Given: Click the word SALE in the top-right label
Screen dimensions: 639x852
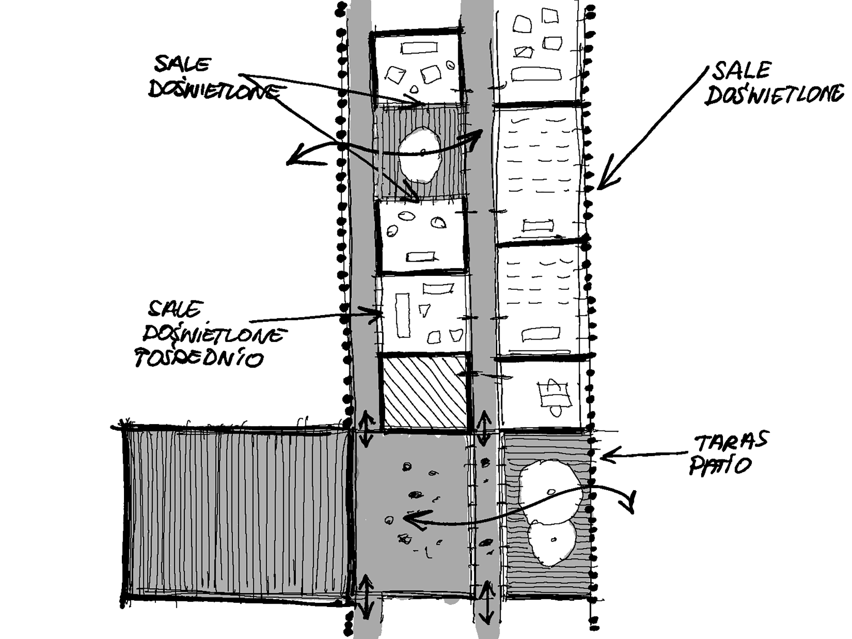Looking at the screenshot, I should pos(742,71).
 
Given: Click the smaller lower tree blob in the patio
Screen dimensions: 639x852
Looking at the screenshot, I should pos(552,544).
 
